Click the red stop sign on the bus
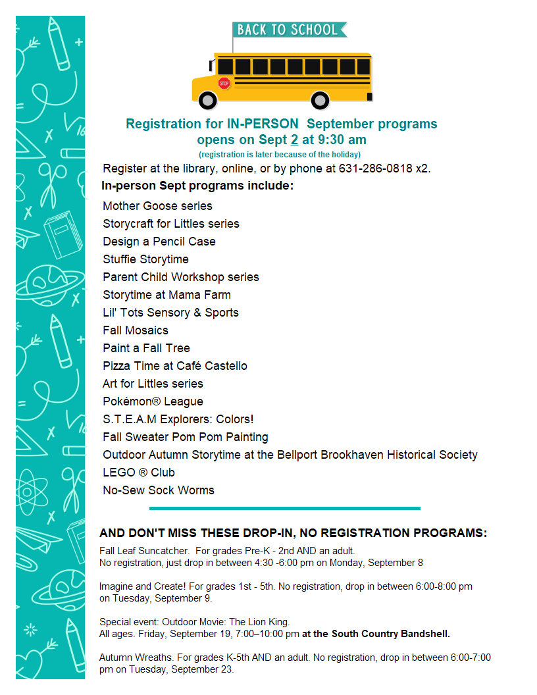[x=224, y=84]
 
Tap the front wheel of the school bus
[x=208, y=101]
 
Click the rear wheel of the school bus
[x=320, y=101]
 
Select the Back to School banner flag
[x=289, y=30]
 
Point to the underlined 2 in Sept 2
[x=295, y=140]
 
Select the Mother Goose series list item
[x=157, y=206]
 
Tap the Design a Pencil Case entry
[x=159, y=242]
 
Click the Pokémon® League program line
[x=153, y=401]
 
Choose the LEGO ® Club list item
[x=138, y=473]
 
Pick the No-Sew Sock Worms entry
[x=158, y=490]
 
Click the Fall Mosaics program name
[x=135, y=330]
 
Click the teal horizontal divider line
[x=284, y=508]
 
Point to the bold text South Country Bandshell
[x=391, y=634]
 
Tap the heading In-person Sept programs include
[x=197, y=186]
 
